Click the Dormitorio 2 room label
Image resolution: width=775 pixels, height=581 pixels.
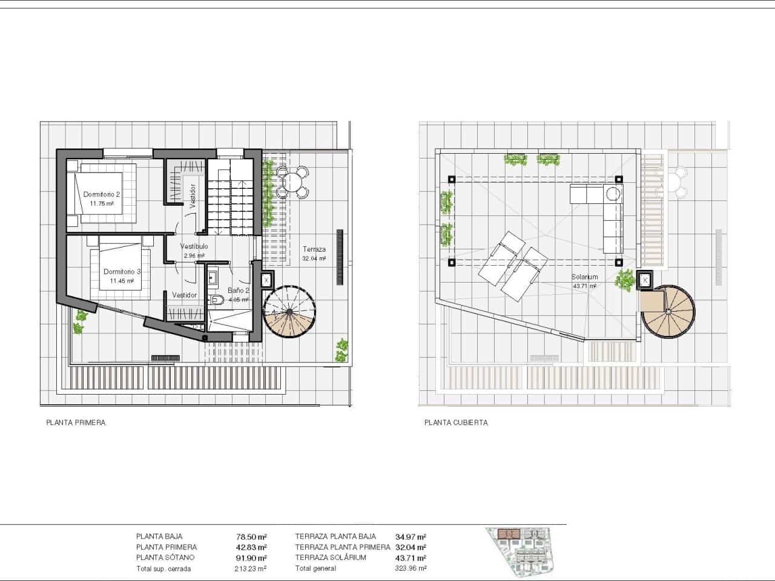tap(102, 194)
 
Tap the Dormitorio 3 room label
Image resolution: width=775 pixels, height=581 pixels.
tap(122, 272)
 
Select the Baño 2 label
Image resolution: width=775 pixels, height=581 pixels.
tap(238, 290)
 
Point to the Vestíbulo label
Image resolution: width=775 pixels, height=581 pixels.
tap(194, 247)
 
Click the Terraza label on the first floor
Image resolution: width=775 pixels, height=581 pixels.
tap(314, 249)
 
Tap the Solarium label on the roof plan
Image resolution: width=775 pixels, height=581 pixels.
tap(584, 277)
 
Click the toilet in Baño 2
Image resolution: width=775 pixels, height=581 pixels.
tap(217, 300)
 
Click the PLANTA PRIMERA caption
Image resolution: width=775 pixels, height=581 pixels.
tap(76, 424)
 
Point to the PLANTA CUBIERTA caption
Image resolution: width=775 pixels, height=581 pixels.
tap(456, 424)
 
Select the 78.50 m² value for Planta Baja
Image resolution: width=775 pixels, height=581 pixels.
tap(252, 536)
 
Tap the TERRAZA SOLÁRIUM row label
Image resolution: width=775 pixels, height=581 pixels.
tap(331, 557)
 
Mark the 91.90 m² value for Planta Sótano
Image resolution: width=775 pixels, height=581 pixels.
tap(252, 557)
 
